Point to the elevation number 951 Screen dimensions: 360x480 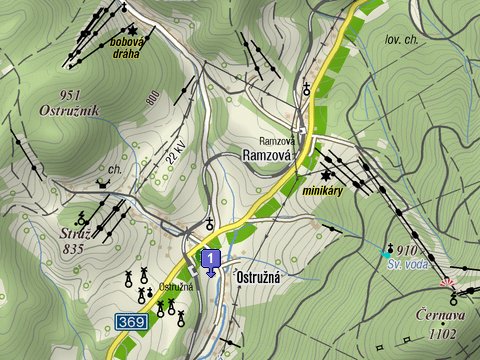71,95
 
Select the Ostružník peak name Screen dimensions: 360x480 71,110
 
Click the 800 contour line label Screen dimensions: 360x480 153,98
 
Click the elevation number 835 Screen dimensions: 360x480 71,248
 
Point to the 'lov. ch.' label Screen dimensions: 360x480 401,40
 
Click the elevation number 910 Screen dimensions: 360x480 406,249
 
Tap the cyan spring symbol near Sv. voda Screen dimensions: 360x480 388,254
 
